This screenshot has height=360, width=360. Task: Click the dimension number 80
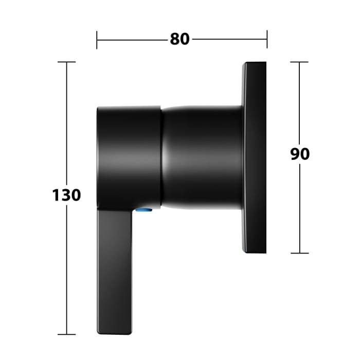point(179,39)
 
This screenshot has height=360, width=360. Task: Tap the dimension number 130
point(66,195)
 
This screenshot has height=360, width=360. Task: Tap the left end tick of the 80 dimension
point(97,39)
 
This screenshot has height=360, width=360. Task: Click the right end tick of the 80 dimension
point(266,39)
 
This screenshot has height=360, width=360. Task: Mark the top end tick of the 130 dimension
point(66,62)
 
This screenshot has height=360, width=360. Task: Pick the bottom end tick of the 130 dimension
point(66,334)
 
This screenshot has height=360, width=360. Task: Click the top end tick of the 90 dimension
point(300,62)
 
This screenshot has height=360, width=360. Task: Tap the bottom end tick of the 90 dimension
point(300,253)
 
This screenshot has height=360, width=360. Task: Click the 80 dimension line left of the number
point(131,39)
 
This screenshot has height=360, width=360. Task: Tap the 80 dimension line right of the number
point(229,39)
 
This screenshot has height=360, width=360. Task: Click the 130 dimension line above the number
point(66,123)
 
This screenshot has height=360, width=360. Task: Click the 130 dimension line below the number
point(66,267)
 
